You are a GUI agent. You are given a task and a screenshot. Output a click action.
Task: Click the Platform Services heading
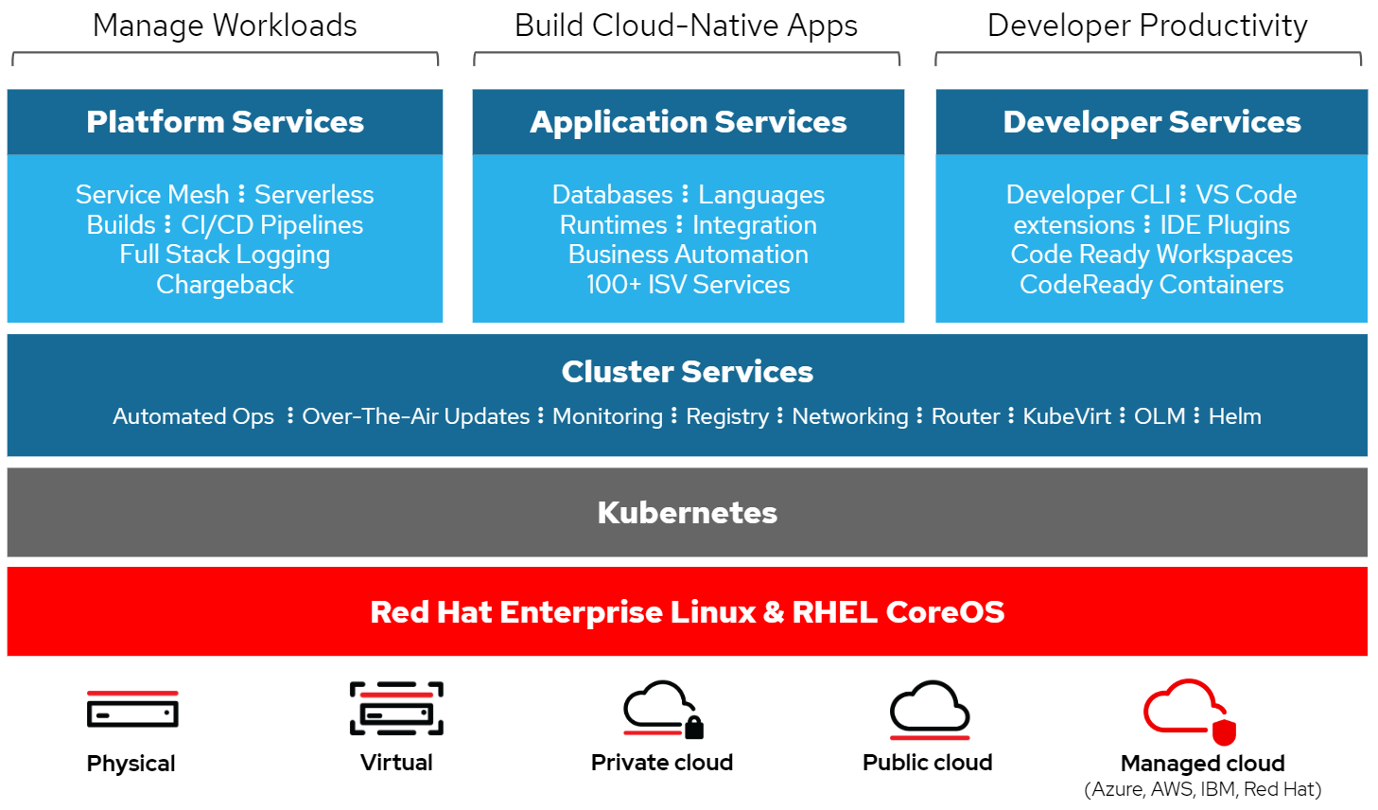pos(225,122)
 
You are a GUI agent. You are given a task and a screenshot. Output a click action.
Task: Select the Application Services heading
pos(689,122)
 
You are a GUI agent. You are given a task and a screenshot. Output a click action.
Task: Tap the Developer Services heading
pos(1152,122)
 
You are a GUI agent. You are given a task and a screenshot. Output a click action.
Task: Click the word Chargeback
pos(225,285)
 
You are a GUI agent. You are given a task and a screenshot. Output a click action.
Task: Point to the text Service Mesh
pos(152,195)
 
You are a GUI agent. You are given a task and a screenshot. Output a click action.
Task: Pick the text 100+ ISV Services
pos(688,285)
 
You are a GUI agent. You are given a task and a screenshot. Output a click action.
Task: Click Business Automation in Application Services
pos(688,255)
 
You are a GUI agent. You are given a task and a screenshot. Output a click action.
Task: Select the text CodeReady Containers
pos(1151,285)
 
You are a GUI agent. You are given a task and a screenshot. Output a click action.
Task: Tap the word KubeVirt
pos(1067,416)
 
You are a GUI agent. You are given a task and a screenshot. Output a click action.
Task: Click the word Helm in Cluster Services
pos(1234,416)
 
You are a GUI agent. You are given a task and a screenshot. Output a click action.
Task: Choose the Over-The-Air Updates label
pos(416,416)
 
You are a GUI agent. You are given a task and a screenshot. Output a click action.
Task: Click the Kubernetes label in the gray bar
pos(688,513)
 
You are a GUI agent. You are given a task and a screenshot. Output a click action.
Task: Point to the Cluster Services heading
pos(688,372)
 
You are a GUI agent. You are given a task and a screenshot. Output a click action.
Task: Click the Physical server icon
pos(132,710)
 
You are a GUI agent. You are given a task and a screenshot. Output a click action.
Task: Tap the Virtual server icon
pos(396,709)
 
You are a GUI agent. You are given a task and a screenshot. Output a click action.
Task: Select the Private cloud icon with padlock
pos(663,709)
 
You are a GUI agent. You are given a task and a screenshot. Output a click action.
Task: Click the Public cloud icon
pos(930,709)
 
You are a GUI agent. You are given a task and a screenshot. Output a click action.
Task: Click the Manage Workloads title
pos(225,26)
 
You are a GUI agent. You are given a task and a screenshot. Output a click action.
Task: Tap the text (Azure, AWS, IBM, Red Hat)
pos(1202,789)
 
